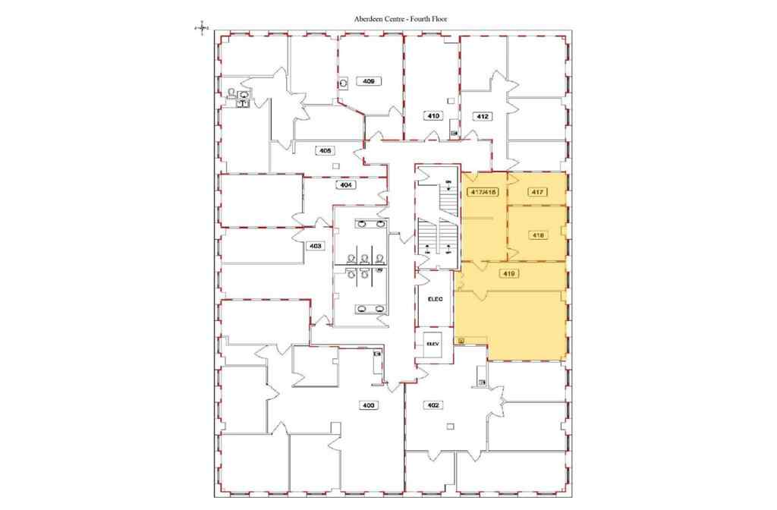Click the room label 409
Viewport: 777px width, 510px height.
tap(370, 80)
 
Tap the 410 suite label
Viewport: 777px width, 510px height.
tap(433, 116)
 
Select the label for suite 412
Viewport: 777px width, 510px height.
tap(482, 116)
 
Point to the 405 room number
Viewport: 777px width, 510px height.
tap(326, 151)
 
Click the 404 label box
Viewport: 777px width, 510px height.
tap(345, 184)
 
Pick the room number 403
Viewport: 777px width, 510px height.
tap(315, 246)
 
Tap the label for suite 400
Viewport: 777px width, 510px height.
tap(369, 405)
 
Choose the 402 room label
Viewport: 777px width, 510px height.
tap(434, 405)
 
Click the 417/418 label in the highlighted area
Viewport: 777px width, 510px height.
tap(483, 193)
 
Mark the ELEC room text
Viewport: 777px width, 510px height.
tap(435, 298)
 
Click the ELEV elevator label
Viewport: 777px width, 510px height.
tap(433, 343)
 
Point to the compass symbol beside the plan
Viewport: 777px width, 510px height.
tap(201, 28)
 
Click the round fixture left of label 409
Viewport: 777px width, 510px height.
tap(344, 83)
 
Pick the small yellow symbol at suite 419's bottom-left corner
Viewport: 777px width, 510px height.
tap(461, 341)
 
